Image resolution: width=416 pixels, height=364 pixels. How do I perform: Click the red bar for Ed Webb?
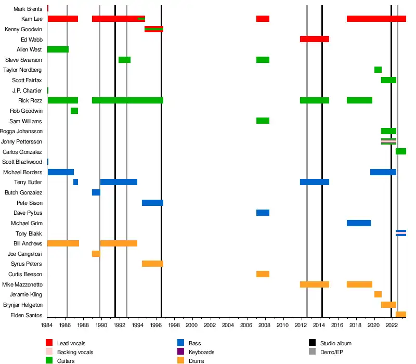coord(314,39)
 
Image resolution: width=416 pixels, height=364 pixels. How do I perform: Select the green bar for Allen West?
coord(58,49)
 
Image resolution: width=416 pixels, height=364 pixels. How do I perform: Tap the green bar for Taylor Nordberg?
coord(378,70)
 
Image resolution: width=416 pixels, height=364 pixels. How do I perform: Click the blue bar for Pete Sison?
coord(152,203)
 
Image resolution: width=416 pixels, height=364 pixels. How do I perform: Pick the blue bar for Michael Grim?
coord(359,223)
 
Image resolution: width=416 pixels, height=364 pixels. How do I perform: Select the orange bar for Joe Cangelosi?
coord(96,254)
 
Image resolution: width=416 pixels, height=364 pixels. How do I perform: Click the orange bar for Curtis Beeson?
coord(263,274)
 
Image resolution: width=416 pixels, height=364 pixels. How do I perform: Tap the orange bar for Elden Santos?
coord(401,315)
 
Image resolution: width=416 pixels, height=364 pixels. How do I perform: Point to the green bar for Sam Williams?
coord(263,121)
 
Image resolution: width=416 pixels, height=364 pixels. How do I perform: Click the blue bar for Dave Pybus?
coord(263,213)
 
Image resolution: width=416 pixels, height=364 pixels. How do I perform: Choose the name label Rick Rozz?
coord(30,100)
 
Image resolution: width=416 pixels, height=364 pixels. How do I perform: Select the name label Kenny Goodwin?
coord(23,29)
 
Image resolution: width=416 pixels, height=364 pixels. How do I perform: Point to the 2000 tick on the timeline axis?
coord(191,318)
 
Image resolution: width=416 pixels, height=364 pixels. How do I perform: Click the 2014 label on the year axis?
coord(319,325)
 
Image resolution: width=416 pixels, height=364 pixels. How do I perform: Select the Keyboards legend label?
coord(202,352)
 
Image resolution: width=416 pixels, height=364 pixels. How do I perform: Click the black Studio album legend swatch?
coord(313,343)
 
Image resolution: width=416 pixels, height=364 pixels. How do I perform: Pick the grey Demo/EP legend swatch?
coord(313,352)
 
